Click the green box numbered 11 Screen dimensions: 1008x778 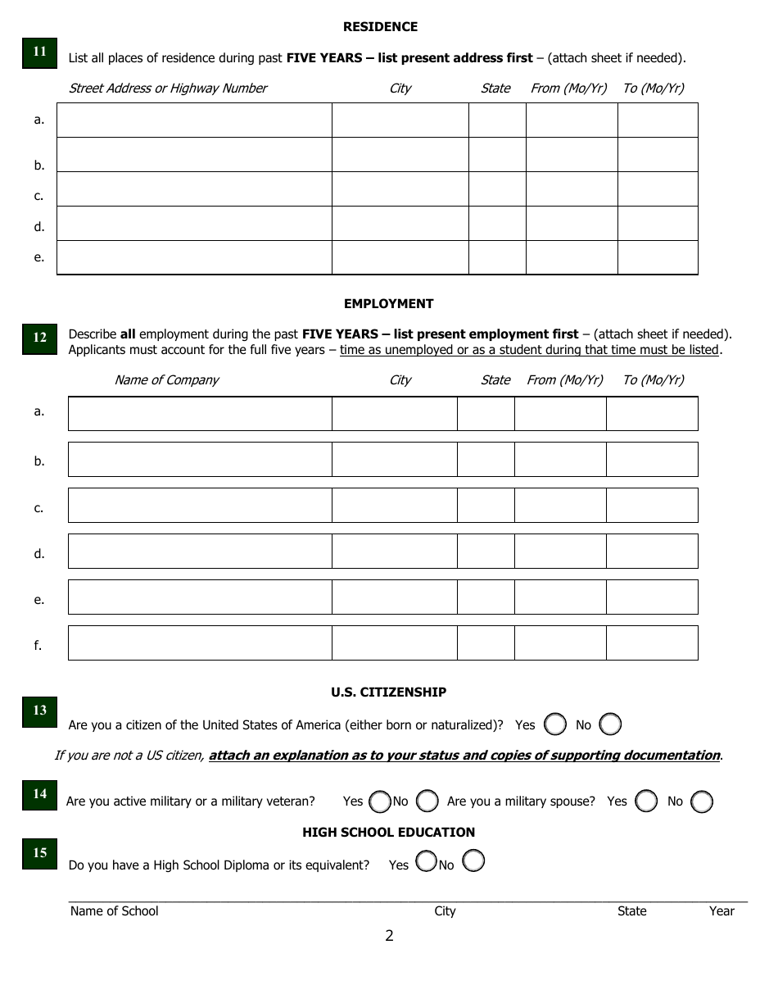[x=39, y=52]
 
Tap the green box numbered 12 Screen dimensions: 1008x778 [x=39, y=338]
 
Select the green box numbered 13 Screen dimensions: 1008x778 [x=39, y=711]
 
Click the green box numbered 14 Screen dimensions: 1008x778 [x=39, y=794]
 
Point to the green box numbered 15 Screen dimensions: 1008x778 [x=39, y=853]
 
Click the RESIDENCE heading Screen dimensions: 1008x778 [x=380, y=27]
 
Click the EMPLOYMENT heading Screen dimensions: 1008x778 [x=388, y=304]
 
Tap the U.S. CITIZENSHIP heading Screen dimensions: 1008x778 [x=388, y=692]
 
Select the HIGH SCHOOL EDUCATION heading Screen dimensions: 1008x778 [x=388, y=833]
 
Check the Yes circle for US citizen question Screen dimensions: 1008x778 [x=555, y=724]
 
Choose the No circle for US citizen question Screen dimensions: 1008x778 [x=610, y=724]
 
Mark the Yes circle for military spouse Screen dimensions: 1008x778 [x=646, y=801]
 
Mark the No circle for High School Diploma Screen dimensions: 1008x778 [x=473, y=860]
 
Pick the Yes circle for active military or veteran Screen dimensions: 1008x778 [x=379, y=801]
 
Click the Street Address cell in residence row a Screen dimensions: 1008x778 [x=194, y=120]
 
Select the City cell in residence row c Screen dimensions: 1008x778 [x=400, y=188]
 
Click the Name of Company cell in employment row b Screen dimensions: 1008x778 [x=200, y=459]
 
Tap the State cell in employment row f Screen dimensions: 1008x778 [x=486, y=642]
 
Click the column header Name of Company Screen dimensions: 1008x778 [x=166, y=380]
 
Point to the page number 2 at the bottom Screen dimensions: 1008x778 [x=389, y=936]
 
